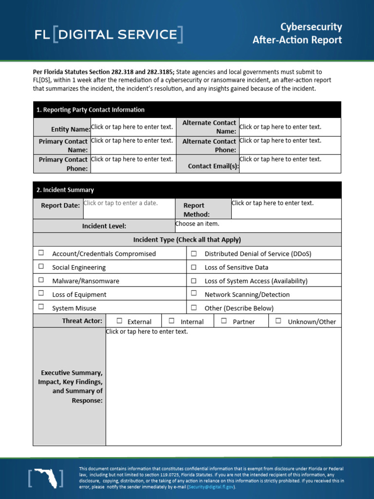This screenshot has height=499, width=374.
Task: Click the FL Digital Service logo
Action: pyautogui.click(x=109, y=35)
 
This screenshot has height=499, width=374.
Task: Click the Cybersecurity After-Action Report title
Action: pyautogui.click(x=297, y=33)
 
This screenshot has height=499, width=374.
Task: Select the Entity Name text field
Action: pyautogui.click(x=132, y=127)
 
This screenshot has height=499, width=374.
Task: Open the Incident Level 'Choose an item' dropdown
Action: pyautogui.click(x=197, y=224)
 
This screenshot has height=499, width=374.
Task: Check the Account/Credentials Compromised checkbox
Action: pyautogui.click(x=41, y=253)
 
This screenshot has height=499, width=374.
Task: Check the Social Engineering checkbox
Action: pyautogui.click(x=41, y=267)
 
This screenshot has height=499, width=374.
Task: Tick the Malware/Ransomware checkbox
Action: pyautogui.click(x=41, y=280)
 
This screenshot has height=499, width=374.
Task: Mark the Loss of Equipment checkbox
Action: pyautogui.click(x=41, y=293)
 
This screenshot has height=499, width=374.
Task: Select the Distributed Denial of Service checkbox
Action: pyautogui.click(x=194, y=253)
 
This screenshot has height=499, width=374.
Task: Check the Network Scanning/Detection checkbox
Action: pyautogui.click(x=194, y=293)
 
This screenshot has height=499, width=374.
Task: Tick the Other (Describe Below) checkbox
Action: pyautogui.click(x=194, y=307)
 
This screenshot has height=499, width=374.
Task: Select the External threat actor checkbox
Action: pyautogui.click(x=119, y=321)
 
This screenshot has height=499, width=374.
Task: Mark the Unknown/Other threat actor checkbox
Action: pyautogui.click(x=278, y=321)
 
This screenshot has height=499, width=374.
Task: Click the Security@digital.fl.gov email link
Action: pyautogui.click(x=211, y=487)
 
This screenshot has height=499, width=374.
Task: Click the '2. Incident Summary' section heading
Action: pyautogui.click(x=65, y=190)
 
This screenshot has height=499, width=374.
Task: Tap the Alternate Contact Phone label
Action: pyautogui.click(x=209, y=146)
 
